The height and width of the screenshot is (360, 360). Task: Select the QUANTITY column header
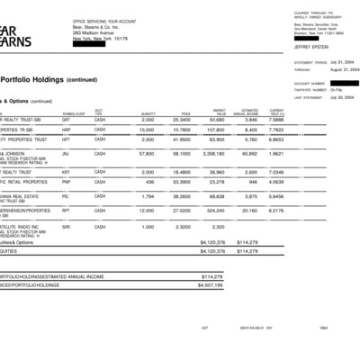pos(148,112)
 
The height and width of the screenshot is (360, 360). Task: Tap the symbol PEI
pos(66,195)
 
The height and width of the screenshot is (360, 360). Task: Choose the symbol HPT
pos(67,139)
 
